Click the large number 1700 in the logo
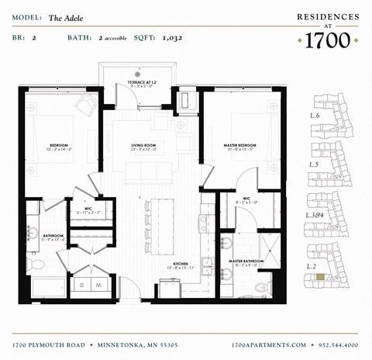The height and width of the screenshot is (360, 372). [328, 40]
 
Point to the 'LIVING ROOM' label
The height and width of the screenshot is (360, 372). [143, 145]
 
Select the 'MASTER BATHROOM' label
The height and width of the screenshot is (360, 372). [246, 261]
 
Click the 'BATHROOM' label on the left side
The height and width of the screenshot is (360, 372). [53, 235]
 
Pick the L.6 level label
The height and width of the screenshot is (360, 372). [315, 116]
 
